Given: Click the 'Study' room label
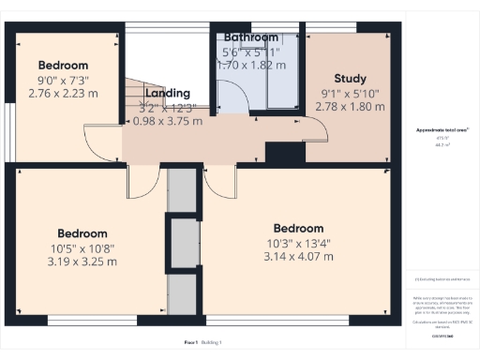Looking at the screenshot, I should tap(350, 79).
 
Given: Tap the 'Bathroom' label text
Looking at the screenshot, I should tap(250, 37).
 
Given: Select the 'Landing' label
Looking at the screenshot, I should tap(168, 93).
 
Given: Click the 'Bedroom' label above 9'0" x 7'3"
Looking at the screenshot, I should tap(63, 65).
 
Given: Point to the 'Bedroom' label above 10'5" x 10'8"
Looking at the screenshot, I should tap(82, 232).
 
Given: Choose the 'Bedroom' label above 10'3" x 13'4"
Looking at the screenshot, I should tap(298, 228).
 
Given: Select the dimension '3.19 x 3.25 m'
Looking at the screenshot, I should tap(82, 262).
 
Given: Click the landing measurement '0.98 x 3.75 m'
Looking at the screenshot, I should tap(168, 121).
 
